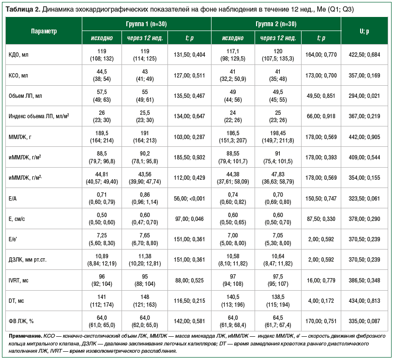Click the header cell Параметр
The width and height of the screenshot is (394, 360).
(x=44, y=31)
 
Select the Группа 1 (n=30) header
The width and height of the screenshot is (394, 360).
(x=146, y=24)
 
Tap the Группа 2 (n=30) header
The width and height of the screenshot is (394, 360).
(x=276, y=24)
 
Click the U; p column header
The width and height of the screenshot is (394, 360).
(x=364, y=31)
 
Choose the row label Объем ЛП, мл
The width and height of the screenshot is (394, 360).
(x=26, y=96)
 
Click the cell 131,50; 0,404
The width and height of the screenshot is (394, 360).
(x=189, y=55)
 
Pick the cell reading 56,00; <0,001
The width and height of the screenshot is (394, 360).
(x=189, y=198)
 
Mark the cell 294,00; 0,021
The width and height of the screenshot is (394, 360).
(x=364, y=96)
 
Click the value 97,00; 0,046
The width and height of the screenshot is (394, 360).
(x=189, y=219)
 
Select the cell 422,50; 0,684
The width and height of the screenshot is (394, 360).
(x=364, y=55)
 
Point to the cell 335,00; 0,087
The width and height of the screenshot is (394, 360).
(x=364, y=321)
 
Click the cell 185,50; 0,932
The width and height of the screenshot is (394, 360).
(x=189, y=157)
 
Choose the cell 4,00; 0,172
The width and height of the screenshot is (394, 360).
(x=321, y=301)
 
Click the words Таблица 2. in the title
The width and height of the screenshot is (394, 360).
(x=22, y=9)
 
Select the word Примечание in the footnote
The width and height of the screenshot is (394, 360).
(x=25, y=335)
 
